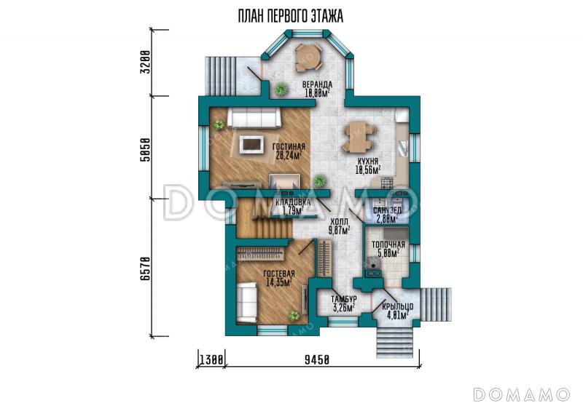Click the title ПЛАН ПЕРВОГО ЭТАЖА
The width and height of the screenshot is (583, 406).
pyautogui.click(x=290, y=17)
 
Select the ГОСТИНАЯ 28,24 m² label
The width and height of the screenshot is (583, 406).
pyautogui.click(x=289, y=151)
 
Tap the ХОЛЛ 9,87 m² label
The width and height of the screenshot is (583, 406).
pyautogui.click(x=339, y=226)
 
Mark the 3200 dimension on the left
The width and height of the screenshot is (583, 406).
pyautogui.click(x=146, y=62)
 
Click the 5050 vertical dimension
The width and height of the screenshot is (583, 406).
pyautogui.click(x=146, y=150)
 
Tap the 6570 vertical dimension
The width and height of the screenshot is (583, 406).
pyautogui.click(x=146, y=268)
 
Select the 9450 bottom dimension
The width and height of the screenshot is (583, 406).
pyautogui.click(x=317, y=359)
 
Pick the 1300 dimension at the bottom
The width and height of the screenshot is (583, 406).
pyautogui.click(x=211, y=359)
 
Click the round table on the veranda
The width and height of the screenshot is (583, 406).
pyautogui.click(x=308, y=57)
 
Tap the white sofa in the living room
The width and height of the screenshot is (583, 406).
pyautogui.click(x=254, y=118)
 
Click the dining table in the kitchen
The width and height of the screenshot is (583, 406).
pyautogui.click(x=359, y=137)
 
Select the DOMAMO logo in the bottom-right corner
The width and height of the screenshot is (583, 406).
pyautogui.click(x=521, y=394)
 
